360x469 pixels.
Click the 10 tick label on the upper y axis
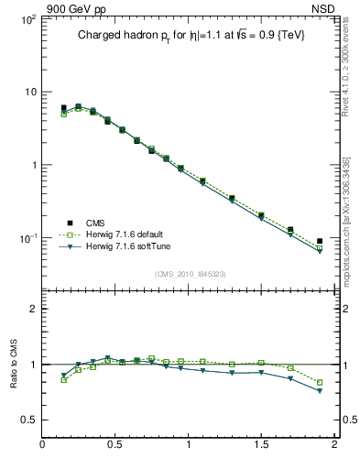[29, 92]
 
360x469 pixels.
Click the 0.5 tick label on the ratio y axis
[27, 420]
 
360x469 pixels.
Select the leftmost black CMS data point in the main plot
[63, 108]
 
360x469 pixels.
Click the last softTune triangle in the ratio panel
[320, 390]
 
